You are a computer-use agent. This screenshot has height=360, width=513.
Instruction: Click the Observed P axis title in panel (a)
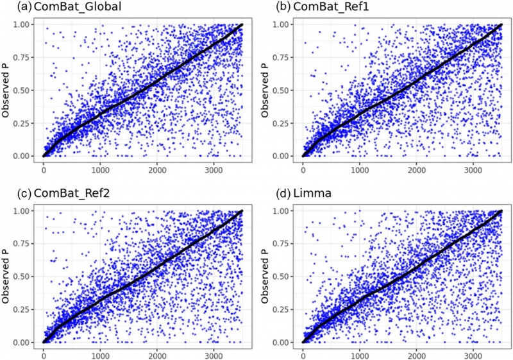[8, 90]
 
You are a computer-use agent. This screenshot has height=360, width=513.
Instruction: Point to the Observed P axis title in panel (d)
[267, 277]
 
